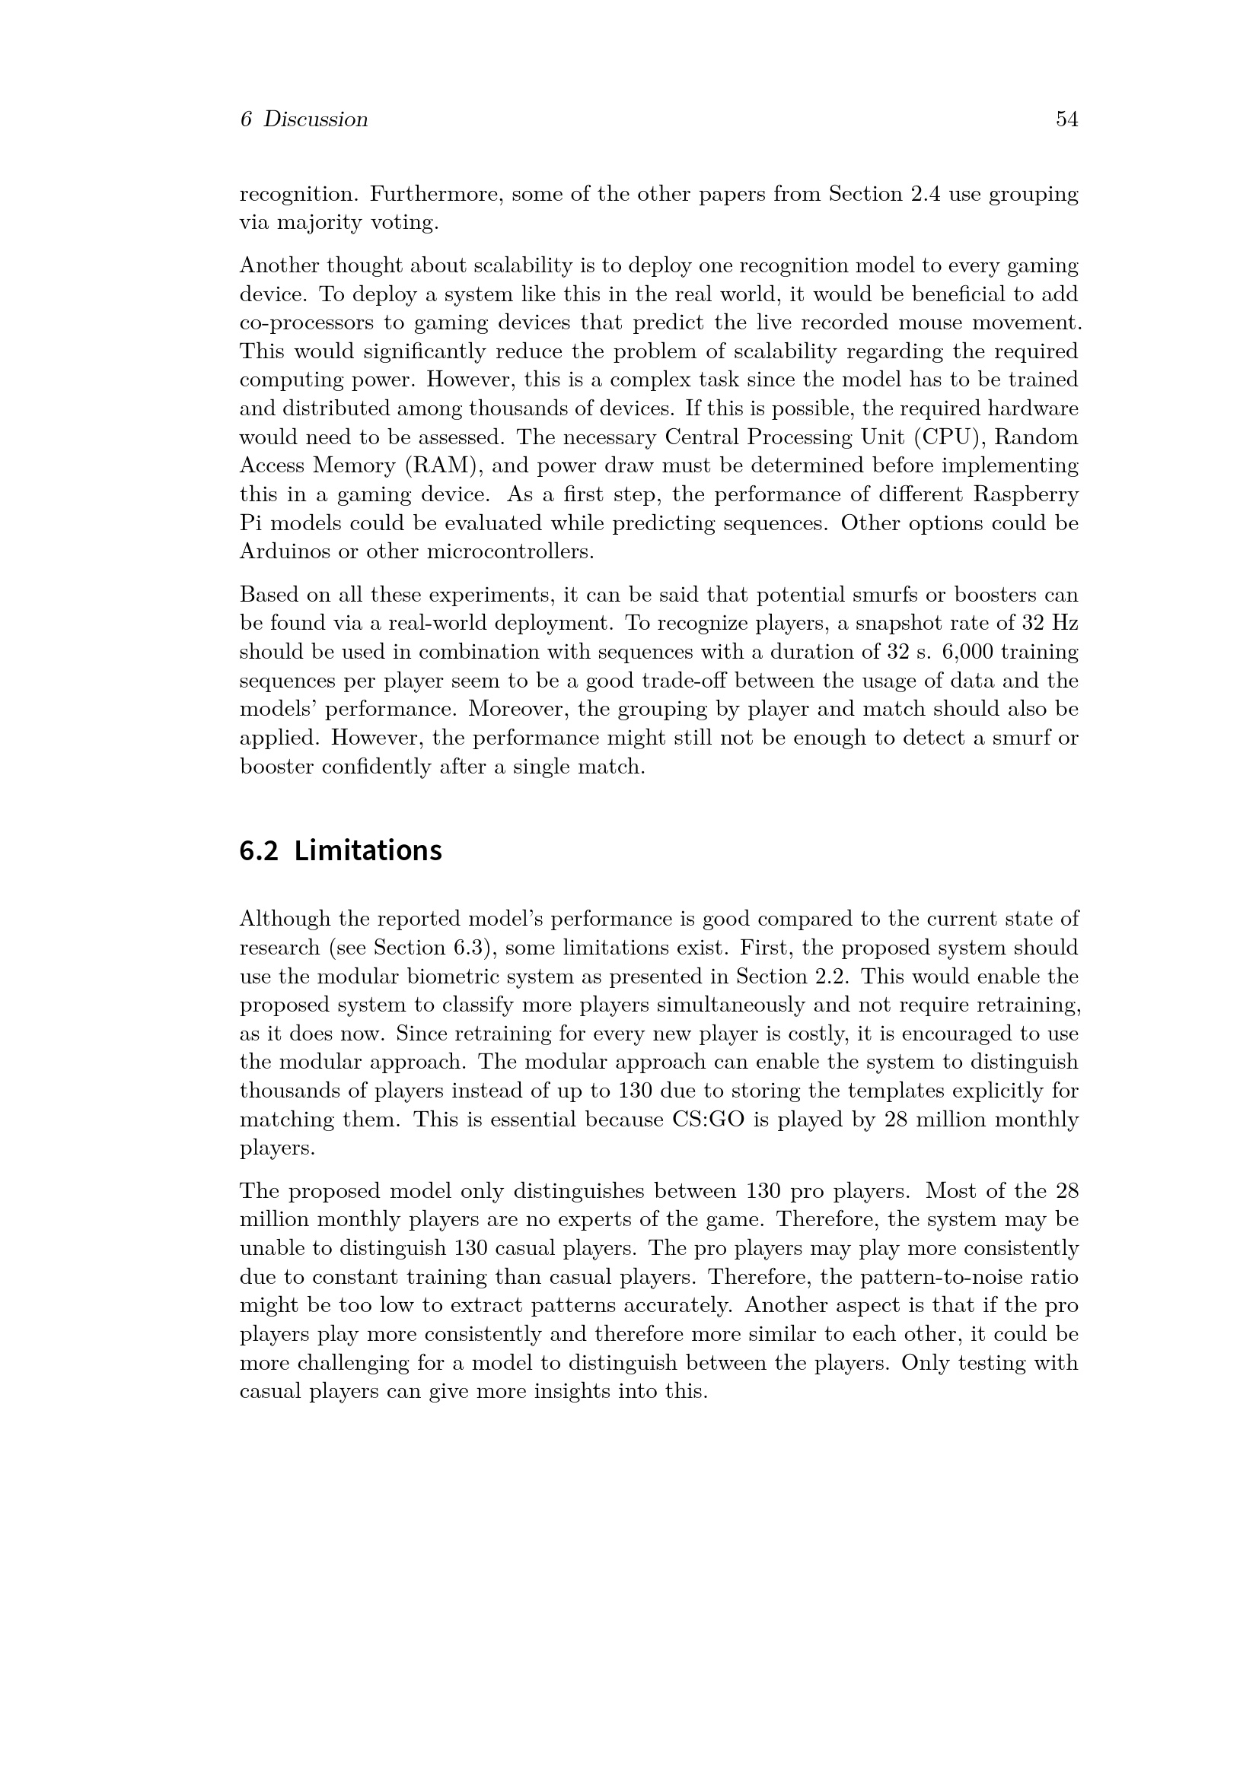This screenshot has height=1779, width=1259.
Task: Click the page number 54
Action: [1066, 119]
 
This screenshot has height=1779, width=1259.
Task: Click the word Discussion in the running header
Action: [316, 119]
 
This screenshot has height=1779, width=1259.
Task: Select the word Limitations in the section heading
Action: [368, 851]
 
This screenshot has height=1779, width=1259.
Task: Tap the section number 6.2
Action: [258, 851]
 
